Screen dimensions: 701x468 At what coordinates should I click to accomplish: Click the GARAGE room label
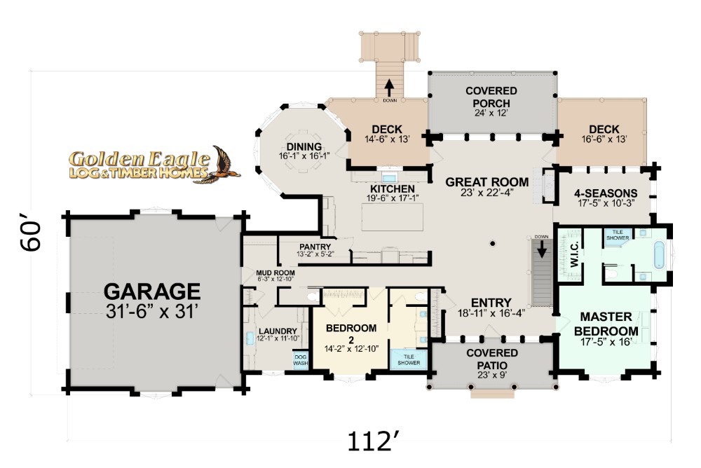pyautogui.click(x=152, y=292)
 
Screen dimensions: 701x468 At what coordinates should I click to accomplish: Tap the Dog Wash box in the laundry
pyautogui.click(x=301, y=360)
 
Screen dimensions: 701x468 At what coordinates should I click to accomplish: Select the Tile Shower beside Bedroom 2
pyautogui.click(x=409, y=359)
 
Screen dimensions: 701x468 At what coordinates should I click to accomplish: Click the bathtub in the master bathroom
pyautogui.click(x=660, y=255)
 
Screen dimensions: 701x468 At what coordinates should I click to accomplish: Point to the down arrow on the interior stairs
pyautogui.click(x=542, y=249)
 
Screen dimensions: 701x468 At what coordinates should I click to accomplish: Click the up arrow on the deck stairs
pyautogui.click(x=389, y=88)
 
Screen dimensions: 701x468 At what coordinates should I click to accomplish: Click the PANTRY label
pyautogui.click(x=315, y=247)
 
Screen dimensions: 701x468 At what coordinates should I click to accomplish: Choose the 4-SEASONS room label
pyautogui.click(x=606, y=193)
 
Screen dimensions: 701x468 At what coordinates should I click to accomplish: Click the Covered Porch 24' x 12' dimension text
pyautogui.click(x=491, y=113)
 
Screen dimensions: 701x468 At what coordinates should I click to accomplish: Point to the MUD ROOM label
pyautogui.click(x=275, y=273)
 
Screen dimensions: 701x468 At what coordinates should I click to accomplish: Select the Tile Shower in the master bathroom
pyautogui.click(x=618, y=235)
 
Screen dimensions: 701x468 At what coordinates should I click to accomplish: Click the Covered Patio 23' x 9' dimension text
pyautogui.click(x=492, y=375)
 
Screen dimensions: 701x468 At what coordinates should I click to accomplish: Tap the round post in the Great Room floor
pyautogui.click(x=492, y=244)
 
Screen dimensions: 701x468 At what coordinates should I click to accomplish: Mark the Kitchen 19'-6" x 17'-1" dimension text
pyautogui.click(x=393, y=198)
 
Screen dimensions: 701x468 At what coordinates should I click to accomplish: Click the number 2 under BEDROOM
pyautogui.click(x=351, y=340)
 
